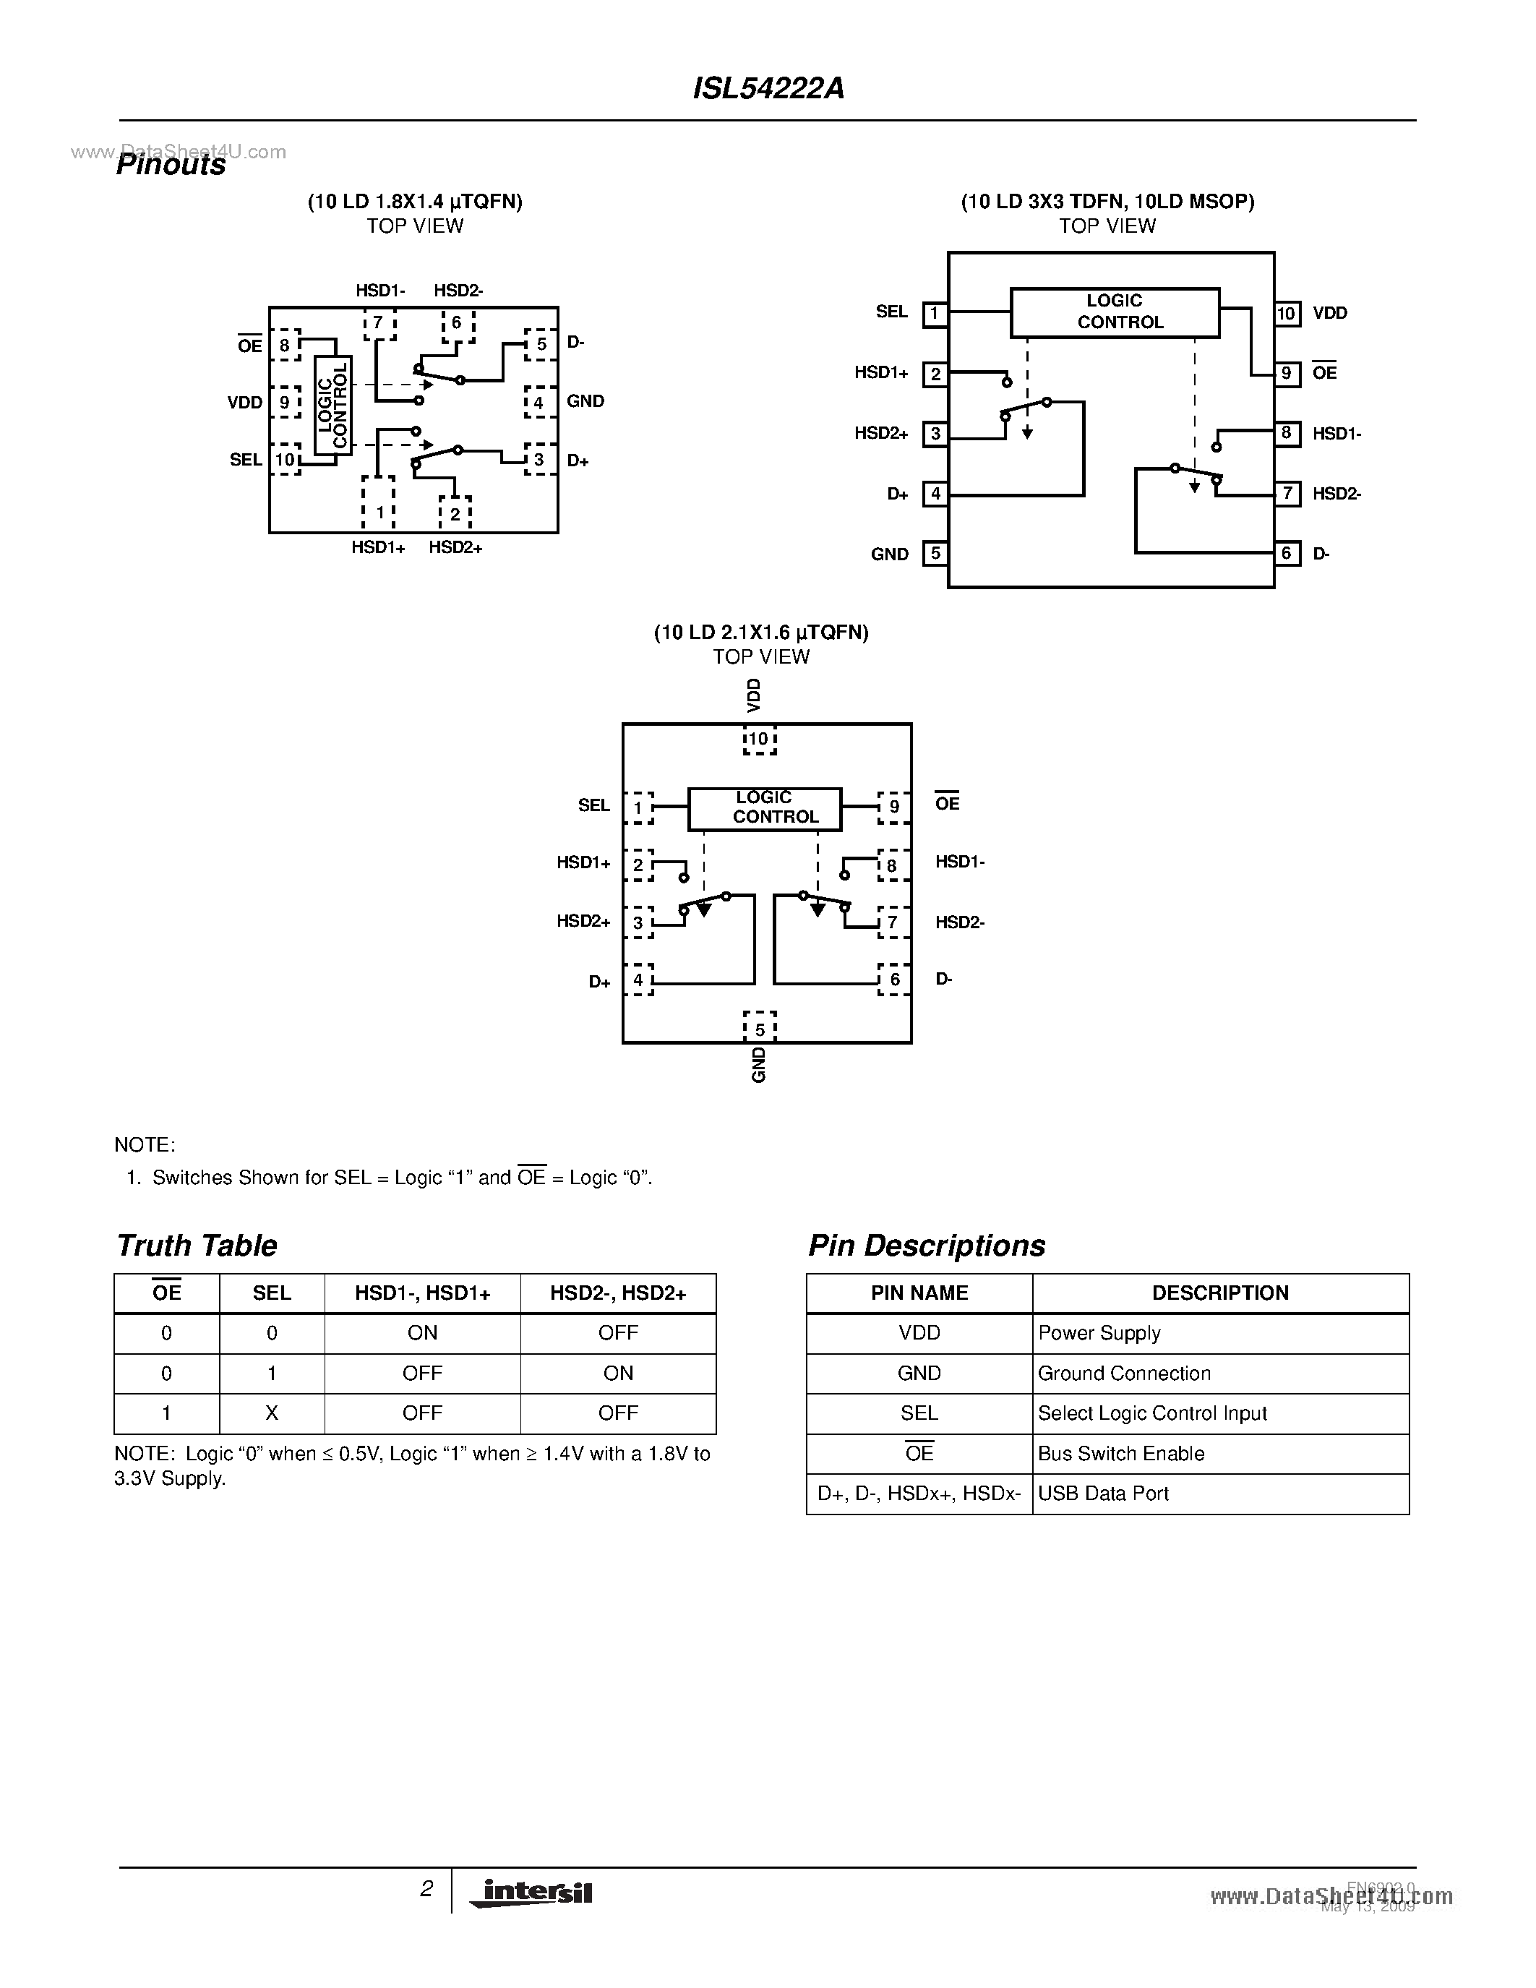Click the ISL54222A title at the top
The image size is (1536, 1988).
click(768, 88)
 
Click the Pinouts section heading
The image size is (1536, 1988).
click(171, 166)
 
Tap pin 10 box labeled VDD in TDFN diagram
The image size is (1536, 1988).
click(1286, 314)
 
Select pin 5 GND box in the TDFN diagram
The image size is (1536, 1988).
click(935, 554)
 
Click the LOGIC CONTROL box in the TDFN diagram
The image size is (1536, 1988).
click(1115, 312)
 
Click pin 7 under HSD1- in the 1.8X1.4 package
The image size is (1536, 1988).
click(379, 323)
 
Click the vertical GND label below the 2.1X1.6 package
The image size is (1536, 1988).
click(759, 1064)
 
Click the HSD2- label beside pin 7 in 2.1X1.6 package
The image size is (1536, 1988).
click(960, 922)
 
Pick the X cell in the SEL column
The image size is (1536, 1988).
click(271, 1413)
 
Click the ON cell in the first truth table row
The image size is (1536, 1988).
click(422, 1332)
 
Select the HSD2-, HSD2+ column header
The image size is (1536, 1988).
click(618, 1293)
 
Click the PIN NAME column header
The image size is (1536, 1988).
click(919, 1293)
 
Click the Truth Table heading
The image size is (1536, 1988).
click(197, 1246)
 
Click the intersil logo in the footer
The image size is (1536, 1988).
click(532, 1893)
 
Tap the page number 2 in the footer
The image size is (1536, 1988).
click(426, 1889)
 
